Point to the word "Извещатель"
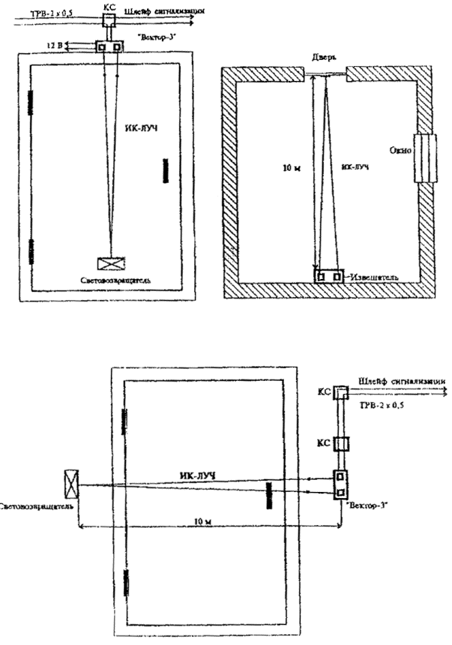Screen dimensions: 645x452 point(370,277)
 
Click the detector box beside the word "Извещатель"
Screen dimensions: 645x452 point(329,276)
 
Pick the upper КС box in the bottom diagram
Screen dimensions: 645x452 point(340,392)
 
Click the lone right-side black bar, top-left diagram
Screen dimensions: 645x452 point(164,170)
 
